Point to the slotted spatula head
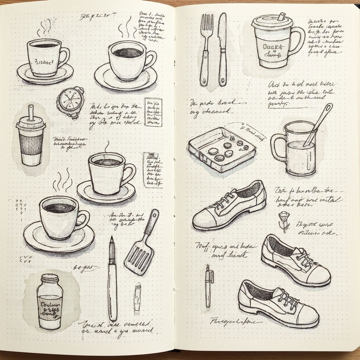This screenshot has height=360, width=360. pyautogui.click(x=139, y=257)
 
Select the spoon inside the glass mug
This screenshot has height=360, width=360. pyautogui.click(x=318, y=123)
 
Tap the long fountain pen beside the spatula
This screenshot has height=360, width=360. pyautogui.click(x=112, y=278)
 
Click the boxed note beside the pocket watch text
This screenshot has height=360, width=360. pyautogui.click(x=153, y=112)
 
